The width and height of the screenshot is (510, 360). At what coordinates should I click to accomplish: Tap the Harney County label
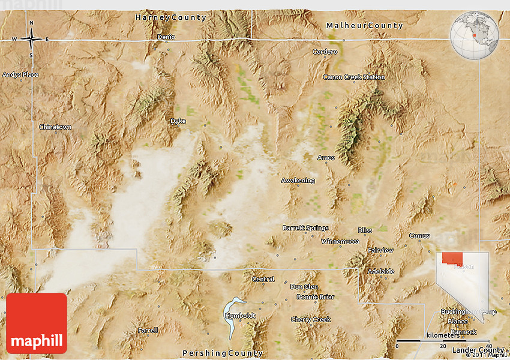pyautogui.click(x=170, y=17)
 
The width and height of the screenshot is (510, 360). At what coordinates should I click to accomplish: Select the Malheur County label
pyautogui.click(x=364, y=26)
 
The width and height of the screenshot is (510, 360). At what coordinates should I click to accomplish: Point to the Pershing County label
pyautogui.click(x=223, y=353)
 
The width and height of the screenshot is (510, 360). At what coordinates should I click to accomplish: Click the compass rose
pyautogui.click(x=31, y=40)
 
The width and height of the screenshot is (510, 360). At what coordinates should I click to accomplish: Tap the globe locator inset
pyautogui.click(x=475, y=36)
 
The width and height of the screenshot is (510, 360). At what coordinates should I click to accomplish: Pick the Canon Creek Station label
pyautogui.click(x=354, y=77)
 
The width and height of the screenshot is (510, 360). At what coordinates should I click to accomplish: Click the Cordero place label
pyautogui.click(x=325, y=52)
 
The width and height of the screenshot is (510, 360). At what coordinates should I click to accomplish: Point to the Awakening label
pyautogui.click(x=298, y=180)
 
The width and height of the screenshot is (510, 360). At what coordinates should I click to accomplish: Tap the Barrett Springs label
pyautogui.click(x=305, y=228)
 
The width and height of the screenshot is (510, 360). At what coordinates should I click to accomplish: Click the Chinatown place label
pyautogui.click(x=55, y=127)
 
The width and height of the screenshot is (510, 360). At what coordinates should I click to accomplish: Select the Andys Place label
pyautogui.click(x=20, y=75)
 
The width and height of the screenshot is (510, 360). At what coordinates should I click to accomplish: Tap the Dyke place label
pyautogui.click(x=178, y=121)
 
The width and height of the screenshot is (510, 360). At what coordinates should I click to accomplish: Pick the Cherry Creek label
pyautogui.click(x=311, y=319)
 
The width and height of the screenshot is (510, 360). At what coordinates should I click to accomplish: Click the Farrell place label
pyautogui.click(x=148, y=330)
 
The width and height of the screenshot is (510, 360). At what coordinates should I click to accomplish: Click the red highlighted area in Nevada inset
pyautogui.click(x=453, y=259)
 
